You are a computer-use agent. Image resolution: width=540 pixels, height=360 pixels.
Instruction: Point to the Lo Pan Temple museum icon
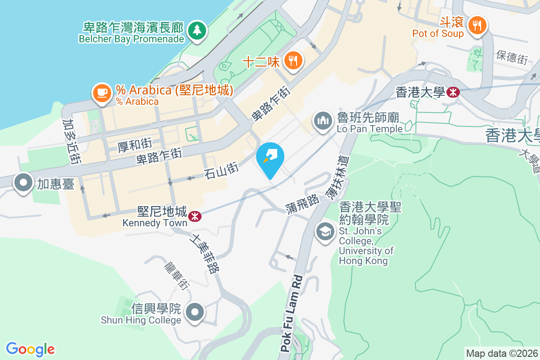(323, 121)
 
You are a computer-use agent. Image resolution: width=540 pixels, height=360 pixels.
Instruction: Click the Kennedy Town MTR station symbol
(194, 216)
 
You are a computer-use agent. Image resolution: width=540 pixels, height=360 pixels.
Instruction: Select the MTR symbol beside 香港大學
(453, 92)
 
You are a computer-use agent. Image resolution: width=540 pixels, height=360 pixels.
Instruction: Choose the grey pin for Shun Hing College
(196, 311)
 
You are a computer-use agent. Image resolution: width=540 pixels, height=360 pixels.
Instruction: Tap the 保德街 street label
(512, 57)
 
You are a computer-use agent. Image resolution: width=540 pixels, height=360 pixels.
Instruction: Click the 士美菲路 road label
(206, 253)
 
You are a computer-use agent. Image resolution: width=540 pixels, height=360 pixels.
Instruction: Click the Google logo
(31, 349)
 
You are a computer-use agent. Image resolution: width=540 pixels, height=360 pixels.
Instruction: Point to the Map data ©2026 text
(502, 353)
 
